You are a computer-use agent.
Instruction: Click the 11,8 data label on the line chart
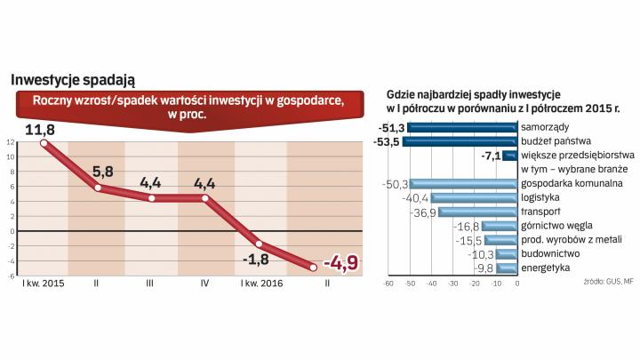(x=39, y=131)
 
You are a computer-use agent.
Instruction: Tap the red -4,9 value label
(x=340, y=264)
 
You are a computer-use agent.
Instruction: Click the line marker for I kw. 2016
(x=259, y=243)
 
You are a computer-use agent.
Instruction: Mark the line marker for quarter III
(x=151, y=198)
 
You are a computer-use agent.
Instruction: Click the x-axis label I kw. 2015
(x=41, y=284)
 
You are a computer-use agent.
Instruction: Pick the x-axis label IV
(x=205, y=284)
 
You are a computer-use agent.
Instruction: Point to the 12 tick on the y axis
(x=10, y=142)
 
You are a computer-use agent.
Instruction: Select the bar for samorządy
(x=462, y=127)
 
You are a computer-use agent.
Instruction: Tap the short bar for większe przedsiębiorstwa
(x=509, y=156)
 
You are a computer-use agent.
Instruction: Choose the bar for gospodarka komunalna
(x=463, y=184)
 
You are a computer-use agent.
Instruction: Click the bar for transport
(x=477, y=212)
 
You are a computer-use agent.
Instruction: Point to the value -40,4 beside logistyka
(x=417, y=198)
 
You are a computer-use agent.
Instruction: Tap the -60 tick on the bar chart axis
(x=388, y=285)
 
